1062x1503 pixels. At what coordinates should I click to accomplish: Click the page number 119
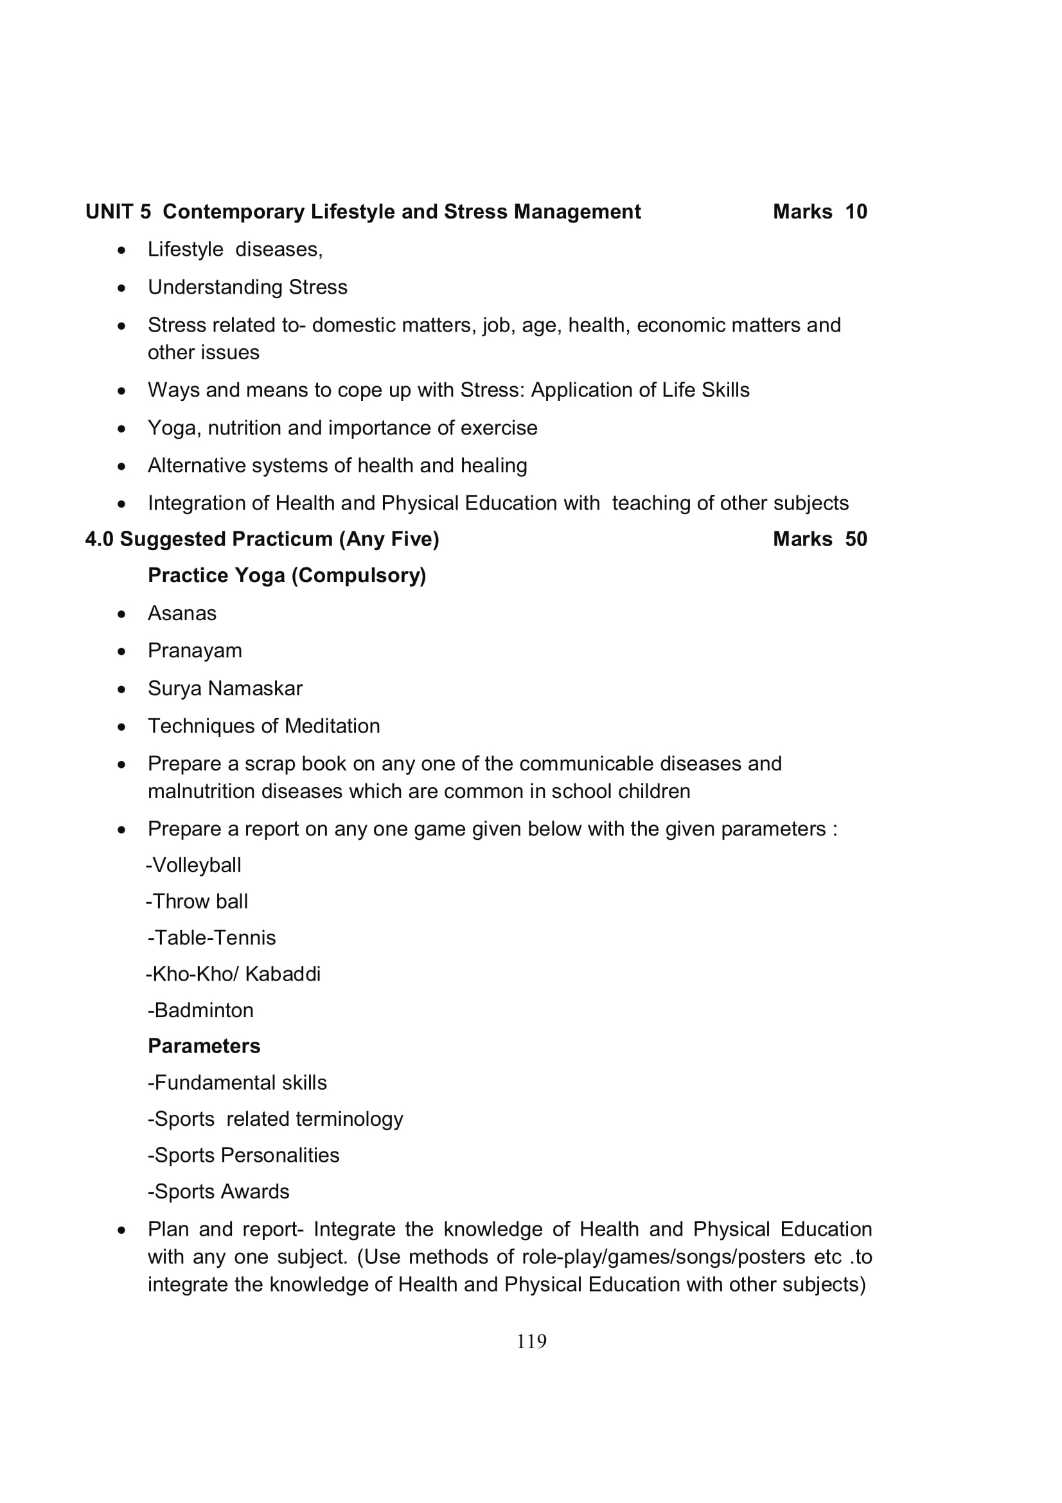(531, 1341)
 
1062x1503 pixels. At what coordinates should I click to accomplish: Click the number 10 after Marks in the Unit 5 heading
(855, 211)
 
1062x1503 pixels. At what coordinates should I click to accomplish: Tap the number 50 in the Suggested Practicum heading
(855, 538)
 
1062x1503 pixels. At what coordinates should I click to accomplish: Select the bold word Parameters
(204, 1046)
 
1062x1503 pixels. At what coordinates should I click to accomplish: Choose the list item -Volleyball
(193, 866)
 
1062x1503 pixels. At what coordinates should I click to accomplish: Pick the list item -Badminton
(200, 1010)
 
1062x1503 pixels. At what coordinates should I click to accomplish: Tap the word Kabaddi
(283, 974)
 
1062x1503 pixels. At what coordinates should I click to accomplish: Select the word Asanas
(182, 614)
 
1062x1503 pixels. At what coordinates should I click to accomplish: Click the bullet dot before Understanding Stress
(121, 288)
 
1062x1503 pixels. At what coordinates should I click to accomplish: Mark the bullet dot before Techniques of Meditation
(121, 727)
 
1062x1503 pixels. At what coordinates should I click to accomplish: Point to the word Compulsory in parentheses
(358, 575)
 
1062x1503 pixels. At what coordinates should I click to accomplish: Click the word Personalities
(280, 1155)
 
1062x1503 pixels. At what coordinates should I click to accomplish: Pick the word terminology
(350, 1119)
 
